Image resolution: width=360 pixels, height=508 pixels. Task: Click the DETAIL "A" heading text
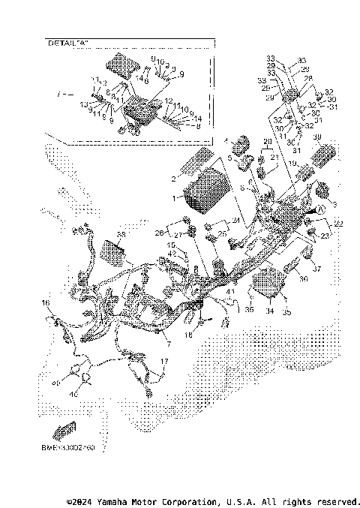[x=64, y=44]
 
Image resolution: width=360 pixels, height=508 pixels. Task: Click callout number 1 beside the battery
[x=174, y=199]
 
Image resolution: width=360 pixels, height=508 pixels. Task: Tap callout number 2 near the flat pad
[x=173, y=179]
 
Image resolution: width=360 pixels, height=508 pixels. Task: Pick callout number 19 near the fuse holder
[x=294, y=163]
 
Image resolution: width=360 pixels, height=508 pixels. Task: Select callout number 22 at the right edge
[x=338, y=223]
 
